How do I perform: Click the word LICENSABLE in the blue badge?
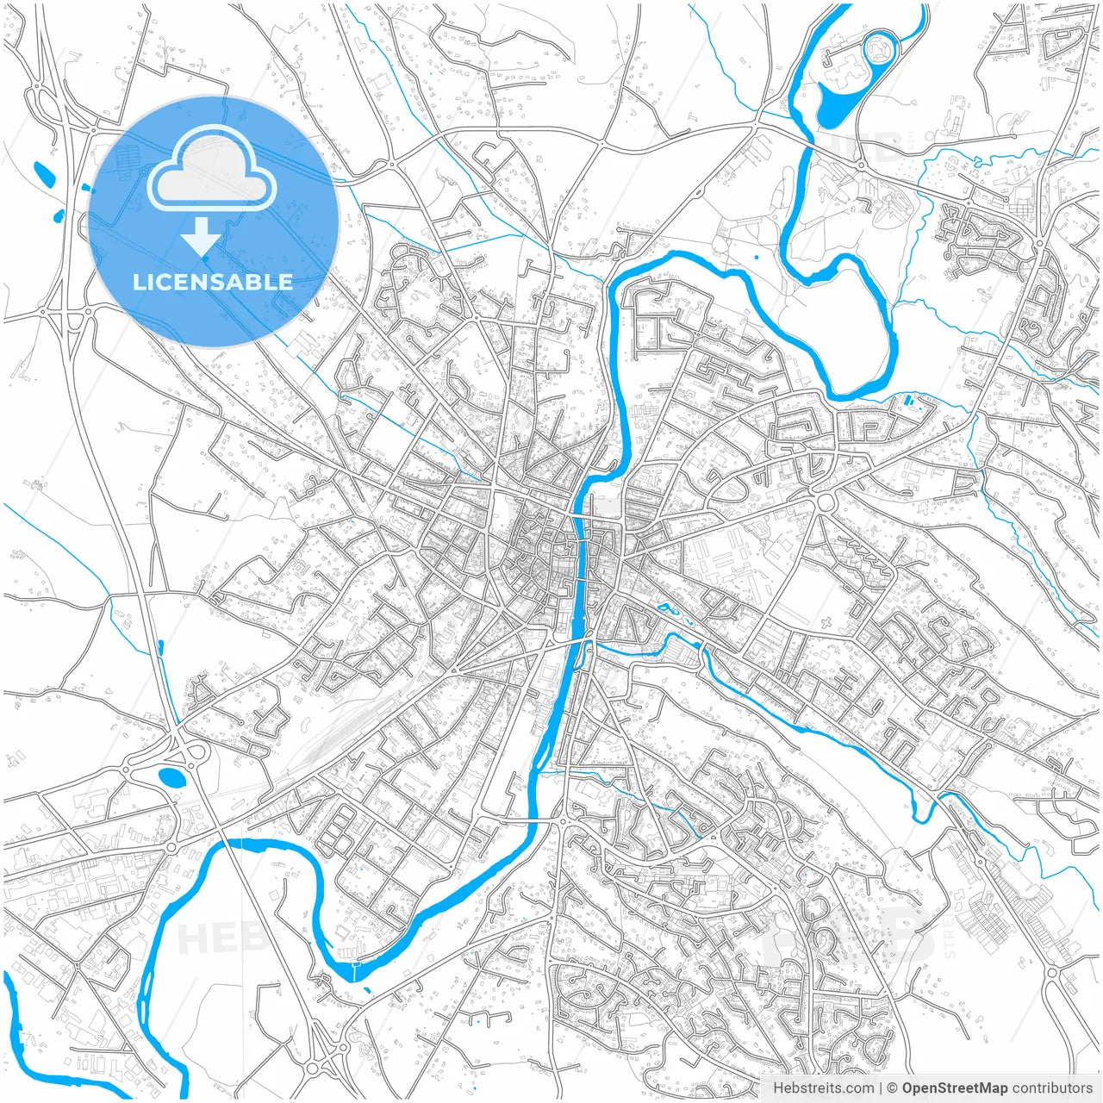[212, 282]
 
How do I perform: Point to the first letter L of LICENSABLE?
[138, 282]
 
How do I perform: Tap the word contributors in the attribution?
[1052, 1088]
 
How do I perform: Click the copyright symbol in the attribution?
[893, 1088]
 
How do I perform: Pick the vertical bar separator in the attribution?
[881, 1088]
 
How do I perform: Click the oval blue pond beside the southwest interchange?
[172, 778]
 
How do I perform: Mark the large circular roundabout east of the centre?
[826, 502]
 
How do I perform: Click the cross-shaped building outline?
[826, 622]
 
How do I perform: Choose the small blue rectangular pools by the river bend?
[912, 402]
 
